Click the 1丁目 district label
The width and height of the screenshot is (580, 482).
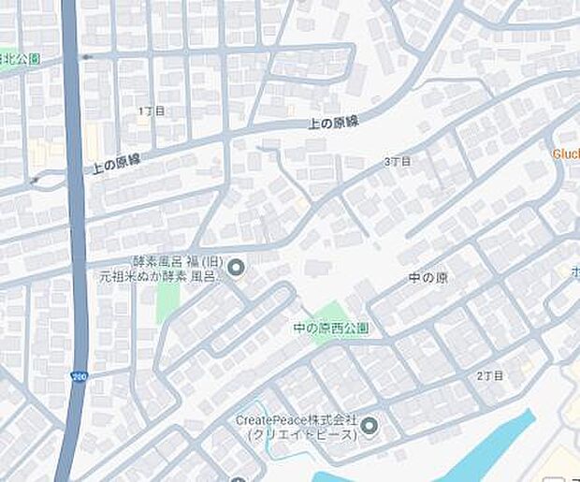152,110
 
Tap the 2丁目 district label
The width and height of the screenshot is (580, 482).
489,375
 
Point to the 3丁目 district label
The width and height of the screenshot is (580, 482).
397,162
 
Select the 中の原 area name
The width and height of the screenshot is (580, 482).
428,279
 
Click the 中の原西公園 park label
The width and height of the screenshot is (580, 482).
331,329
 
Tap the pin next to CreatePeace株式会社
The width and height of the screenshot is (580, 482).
369,428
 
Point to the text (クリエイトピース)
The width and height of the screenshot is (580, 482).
303,436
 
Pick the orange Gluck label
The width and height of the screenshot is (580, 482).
566,153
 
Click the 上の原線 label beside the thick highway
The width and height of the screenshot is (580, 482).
116,165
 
